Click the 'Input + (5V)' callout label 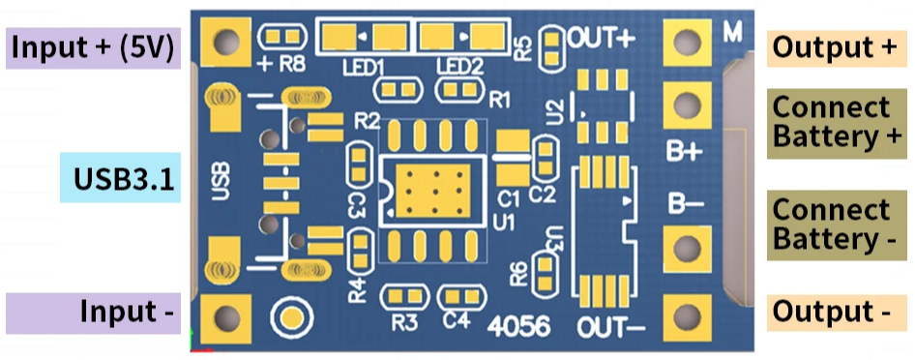pos(94,47)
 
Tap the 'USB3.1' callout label pos(120,178)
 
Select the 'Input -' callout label pos(94,313)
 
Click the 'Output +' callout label pos(834,46)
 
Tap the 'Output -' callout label pos(834,312)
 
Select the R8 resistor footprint pos(283,38)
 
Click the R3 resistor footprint pos(403,296)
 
